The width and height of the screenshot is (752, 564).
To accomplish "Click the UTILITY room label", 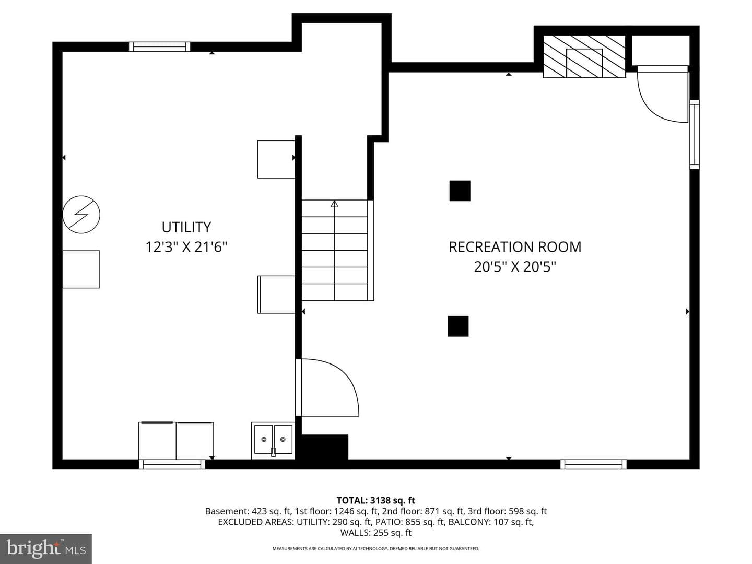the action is coord(186,227).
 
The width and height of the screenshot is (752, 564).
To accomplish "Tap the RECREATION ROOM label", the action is coord(515,247).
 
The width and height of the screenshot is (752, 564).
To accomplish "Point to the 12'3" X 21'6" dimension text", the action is coord(186,246).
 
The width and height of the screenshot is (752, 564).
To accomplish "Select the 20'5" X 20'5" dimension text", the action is coord(515,266).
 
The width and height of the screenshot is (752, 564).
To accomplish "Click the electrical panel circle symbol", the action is coord(81,214).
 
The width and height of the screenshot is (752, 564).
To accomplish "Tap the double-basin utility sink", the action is coord(273,440).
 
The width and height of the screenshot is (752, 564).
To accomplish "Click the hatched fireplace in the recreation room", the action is coord(584,56).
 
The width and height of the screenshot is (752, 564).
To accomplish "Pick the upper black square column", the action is coord(460,191).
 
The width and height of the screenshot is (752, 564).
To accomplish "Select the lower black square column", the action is coord(458,326).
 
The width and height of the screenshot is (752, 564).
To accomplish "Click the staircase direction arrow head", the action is coord(334,204).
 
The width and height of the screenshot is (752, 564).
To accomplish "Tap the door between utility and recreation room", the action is coord(327,387).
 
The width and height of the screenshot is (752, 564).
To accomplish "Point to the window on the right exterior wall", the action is coord(695,134).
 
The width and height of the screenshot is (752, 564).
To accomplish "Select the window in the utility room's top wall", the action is coord(159,46).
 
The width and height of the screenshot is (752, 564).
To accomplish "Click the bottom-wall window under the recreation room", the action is coord(593,464).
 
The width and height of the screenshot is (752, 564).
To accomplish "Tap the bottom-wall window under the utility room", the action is coord(172,464).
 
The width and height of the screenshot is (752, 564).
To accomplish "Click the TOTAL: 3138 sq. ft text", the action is coord(376,500).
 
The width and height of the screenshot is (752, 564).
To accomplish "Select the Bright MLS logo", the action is coord(46,549).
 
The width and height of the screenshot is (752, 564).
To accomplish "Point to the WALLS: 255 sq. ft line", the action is coord(376,533).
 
